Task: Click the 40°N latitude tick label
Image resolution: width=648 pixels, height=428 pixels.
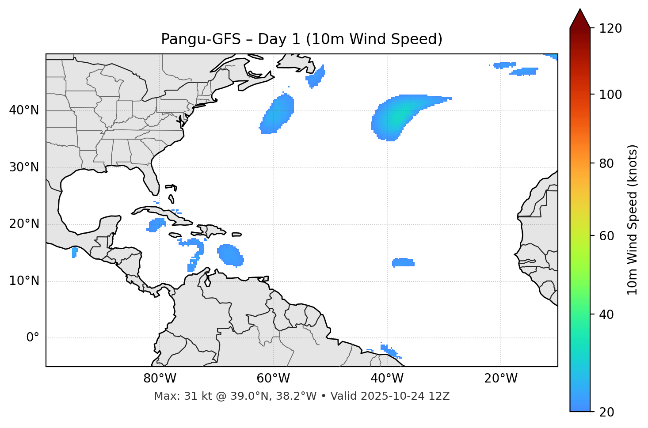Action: tap(24, 110)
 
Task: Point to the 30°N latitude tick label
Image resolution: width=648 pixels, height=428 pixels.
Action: tap(24, 167)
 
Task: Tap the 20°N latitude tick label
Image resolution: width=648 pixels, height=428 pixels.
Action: tap(24, 224)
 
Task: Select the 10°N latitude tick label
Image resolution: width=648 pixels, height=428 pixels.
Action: tap(24, 281)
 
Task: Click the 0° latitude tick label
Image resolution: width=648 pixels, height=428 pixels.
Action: tap(32, 338)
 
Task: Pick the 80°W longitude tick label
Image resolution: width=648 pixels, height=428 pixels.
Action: tap(160, 379)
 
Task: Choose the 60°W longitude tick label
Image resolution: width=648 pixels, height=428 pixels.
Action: tap(273, 379)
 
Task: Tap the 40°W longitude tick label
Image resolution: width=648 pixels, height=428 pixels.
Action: tap(387, 379)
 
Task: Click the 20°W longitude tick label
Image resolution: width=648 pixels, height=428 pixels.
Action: tap(501, 379)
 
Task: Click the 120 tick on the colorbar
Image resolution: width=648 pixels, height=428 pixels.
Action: tap(610, 29)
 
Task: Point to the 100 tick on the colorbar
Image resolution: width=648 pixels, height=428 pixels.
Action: tap(610, 95)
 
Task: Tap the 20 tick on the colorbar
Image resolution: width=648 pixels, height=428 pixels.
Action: tap(606, 412)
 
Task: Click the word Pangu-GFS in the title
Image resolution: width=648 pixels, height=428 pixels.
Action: tap(201, 39)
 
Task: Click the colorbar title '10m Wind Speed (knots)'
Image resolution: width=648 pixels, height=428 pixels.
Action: tap(633, 220)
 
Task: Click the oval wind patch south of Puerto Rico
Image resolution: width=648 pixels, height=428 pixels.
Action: tap(230, 255)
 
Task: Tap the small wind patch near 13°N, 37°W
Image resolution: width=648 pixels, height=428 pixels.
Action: tap(403, 263)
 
